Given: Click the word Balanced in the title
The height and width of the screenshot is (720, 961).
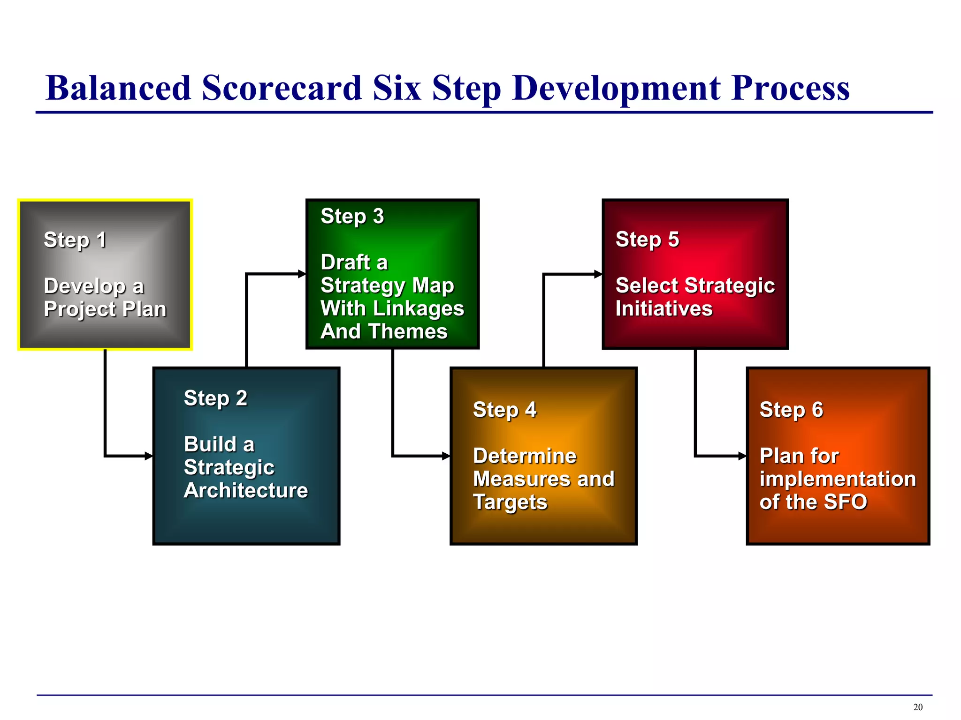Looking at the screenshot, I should (118, 88).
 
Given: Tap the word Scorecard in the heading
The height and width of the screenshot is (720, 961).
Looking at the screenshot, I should (282, 88).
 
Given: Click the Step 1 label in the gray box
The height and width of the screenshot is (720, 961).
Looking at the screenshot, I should (75, 240).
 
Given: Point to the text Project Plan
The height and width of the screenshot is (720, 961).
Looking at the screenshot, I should (105, 309).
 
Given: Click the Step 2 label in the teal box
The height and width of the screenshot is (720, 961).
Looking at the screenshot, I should (215, 398).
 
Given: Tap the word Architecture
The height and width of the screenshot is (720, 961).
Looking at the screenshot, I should (246, 490).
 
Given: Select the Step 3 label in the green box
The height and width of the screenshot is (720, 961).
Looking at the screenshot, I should (352, 217).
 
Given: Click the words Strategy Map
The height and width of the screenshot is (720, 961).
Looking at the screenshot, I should (387, 285).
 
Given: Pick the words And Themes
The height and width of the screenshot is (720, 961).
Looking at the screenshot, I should (384, 331).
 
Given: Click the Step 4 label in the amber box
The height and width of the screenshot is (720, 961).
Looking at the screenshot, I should (504, 410).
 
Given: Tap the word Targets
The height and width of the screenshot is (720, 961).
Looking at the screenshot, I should (510, 502).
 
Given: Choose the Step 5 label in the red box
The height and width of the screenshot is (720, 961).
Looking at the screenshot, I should (647, 240).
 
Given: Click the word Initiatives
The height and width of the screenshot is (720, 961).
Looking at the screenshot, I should (664, 309).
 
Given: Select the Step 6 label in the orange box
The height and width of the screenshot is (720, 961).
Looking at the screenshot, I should (791, 410).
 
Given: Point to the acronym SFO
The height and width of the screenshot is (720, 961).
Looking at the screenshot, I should (846, 502).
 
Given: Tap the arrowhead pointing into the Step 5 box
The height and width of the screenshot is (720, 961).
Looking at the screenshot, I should (598, 274).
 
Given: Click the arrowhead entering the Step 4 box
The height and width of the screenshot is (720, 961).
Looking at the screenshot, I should (446, 456).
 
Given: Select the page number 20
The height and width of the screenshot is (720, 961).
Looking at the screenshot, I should (918, 707).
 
